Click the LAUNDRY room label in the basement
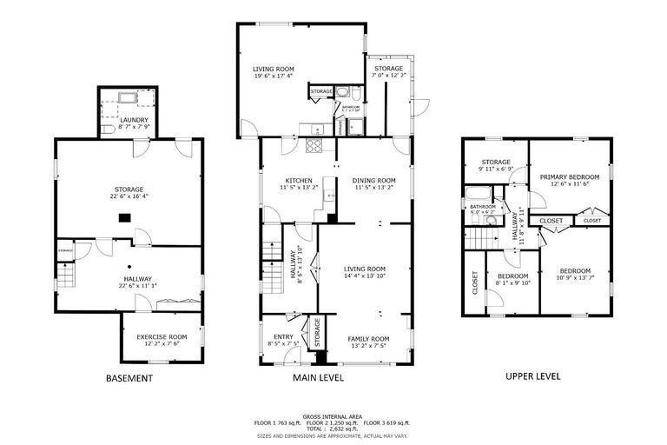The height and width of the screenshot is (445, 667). tap(135, 120)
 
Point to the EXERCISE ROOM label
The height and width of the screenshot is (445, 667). tap(162, 336)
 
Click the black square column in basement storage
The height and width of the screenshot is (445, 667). tap(124, 219)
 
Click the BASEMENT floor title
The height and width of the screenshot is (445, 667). tap(129, 378)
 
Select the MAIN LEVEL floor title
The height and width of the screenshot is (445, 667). tap(318, 378)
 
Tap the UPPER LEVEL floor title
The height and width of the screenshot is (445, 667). tap(532, 376)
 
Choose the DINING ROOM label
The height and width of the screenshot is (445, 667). tap(373, 181)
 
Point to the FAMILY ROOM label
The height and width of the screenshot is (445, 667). tap(368, 338)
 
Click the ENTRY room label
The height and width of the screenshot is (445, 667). tap(283, 337)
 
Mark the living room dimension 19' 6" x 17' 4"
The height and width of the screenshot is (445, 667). tap(273, 76)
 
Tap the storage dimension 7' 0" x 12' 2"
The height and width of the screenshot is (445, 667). tap(388, 76)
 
